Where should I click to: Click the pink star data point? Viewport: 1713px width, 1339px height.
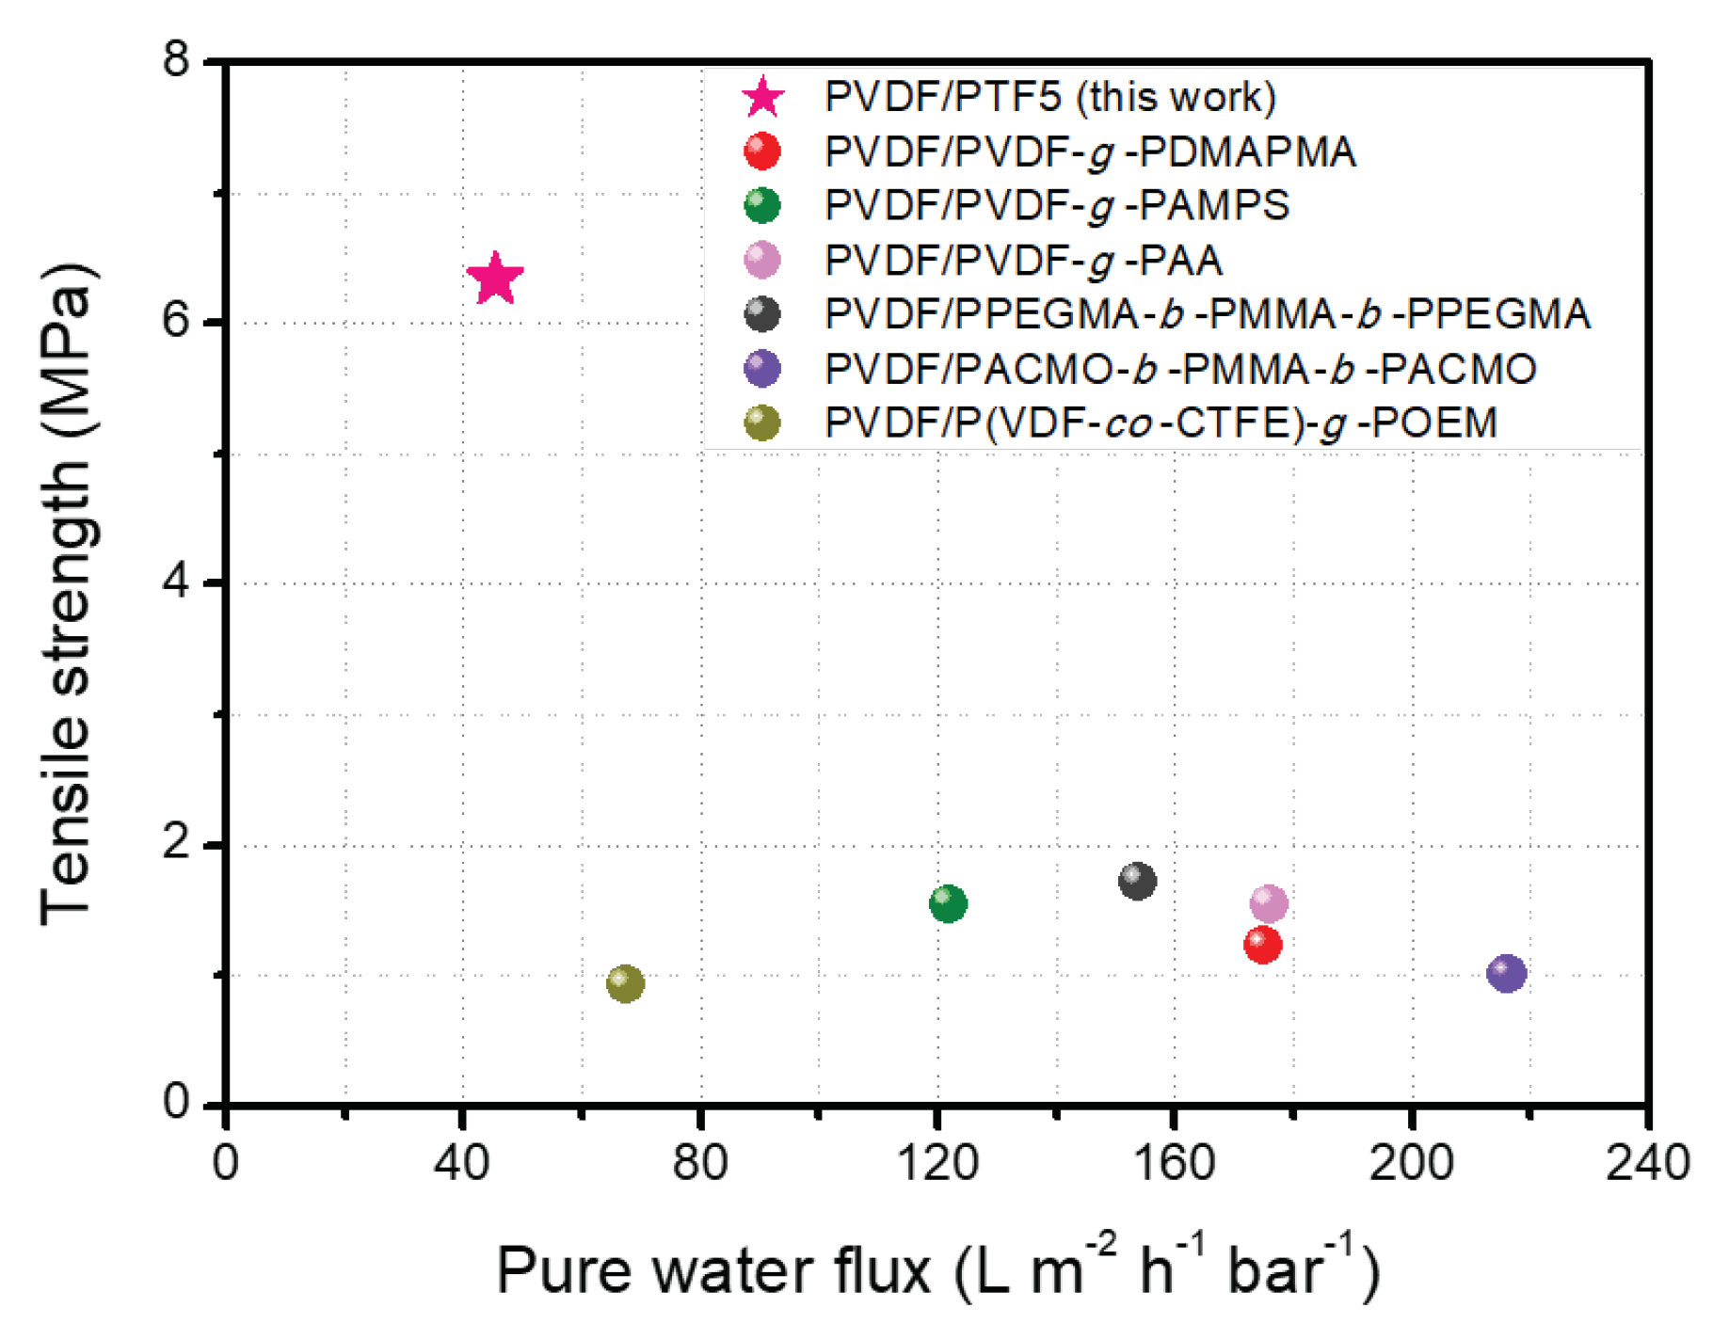494,279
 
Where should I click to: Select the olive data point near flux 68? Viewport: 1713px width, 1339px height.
626,983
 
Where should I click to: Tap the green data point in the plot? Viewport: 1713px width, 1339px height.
948,903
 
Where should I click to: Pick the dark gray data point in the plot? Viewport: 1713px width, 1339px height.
1137,881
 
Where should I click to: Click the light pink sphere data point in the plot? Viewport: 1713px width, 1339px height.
1269,903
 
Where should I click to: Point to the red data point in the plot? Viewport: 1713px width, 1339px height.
1262,944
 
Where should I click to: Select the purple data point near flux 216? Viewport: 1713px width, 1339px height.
1506,972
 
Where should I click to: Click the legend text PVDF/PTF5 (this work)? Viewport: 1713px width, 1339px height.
1049,97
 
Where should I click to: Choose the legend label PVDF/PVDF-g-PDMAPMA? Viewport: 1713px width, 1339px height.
1090,151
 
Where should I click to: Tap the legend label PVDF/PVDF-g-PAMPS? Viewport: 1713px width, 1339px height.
1056,205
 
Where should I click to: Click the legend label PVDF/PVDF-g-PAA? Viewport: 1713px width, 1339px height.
1023,260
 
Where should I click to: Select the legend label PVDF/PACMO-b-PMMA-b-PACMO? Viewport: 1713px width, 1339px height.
1180,369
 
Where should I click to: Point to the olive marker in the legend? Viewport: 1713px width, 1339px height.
761,422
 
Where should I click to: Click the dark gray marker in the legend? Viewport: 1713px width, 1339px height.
761,314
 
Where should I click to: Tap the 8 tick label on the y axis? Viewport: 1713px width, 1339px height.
176,59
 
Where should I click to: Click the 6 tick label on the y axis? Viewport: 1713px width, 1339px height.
176,321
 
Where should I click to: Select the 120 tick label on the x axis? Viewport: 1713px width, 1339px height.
937,1163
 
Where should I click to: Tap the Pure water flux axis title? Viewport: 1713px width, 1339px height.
937,1270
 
